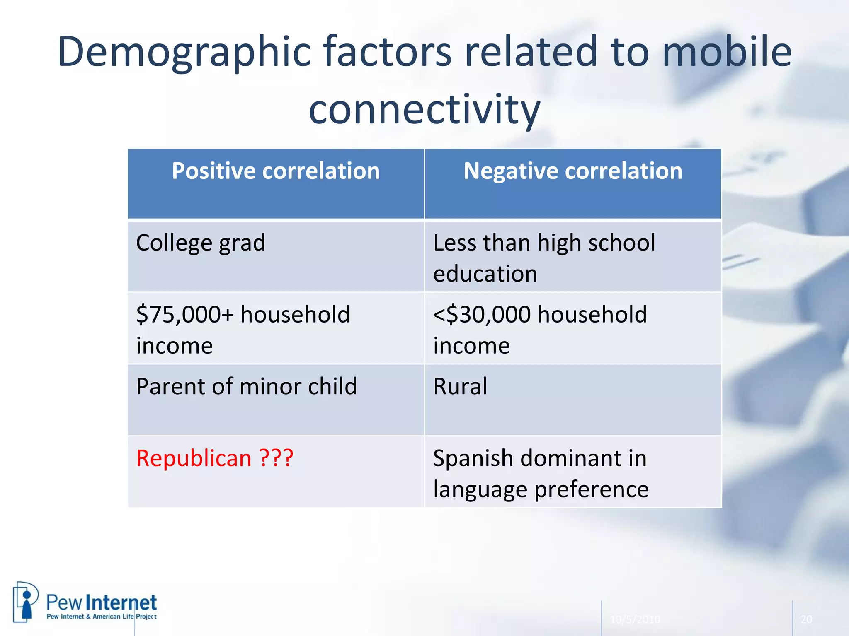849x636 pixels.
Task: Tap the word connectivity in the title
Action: pyautogui.click(x=424, y=110)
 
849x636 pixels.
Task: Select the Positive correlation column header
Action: pyautogui.click(x=276, y=171)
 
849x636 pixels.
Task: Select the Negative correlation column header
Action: pyautogui.click(x=572, y=171)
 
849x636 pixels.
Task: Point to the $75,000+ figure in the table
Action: pyautogui.click(x=185, y=314)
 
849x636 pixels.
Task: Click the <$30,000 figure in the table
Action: pyautogui.click(x=482, y=314)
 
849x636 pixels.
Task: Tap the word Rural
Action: pyautogui.click(x=460, y=386)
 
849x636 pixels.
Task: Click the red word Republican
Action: pyautogui.click(x=194, y=458)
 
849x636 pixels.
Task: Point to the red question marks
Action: pyautogui.click(x=277, y=458)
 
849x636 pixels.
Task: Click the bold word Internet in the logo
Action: pyautogui.click(x=123, y=603)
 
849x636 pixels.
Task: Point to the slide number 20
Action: pyautogui.click(x=806, y=619)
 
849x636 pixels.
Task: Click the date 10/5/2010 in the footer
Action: pyautogui.click(x=635, y=619)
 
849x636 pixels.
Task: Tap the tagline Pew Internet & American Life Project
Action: pyautogui.click(x=102, y=617)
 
